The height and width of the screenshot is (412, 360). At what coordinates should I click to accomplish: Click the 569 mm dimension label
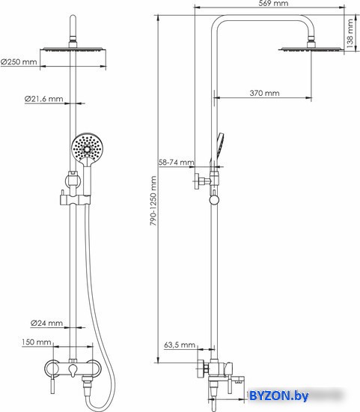click(273, 4)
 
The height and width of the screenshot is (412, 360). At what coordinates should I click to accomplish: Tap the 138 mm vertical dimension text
click(350, 34)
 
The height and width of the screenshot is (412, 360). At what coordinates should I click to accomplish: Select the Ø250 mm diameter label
click(19, 62)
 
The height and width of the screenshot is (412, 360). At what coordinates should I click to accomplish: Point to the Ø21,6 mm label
click(44, 99)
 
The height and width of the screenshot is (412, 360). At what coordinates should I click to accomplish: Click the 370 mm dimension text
click(264, 93)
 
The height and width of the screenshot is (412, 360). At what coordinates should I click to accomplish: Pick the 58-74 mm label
click(176, 162)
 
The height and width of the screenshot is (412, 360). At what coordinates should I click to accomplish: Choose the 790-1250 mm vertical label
click(153, 201)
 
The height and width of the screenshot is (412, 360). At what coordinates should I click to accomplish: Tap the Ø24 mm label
click(46, 323)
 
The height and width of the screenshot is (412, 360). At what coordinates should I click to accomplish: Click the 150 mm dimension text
click(37, 342)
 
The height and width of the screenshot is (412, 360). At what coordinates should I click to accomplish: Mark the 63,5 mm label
click(180, 345)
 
